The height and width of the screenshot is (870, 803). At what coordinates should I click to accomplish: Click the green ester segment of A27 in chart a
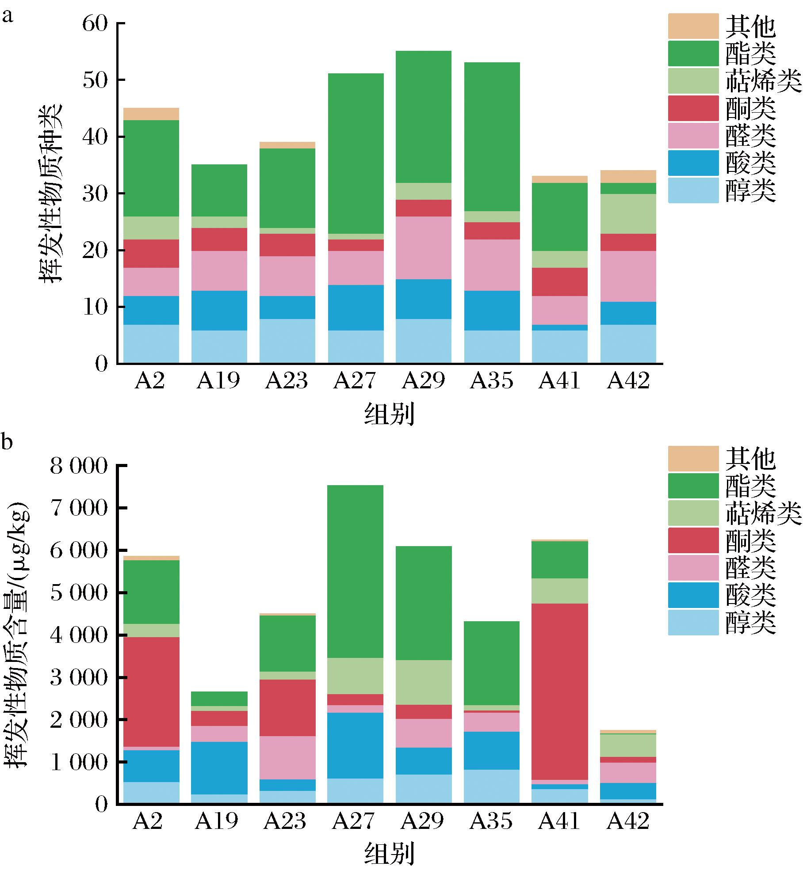coord(356,153)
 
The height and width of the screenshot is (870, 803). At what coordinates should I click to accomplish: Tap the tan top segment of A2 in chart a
coord(151,114)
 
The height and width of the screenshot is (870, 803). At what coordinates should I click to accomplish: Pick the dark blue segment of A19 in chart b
coord(219,768)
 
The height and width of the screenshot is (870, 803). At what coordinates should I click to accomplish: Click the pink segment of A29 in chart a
coord(424,247)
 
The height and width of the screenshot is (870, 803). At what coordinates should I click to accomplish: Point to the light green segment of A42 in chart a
coord(628,214)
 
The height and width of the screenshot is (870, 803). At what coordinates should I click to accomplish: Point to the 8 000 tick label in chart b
coord(79,466)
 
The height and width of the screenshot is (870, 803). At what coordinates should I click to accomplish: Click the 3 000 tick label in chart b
coord(79,678)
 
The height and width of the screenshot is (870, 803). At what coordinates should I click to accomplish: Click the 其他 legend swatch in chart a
coord(693,26)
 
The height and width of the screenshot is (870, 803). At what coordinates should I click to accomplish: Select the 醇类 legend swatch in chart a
coord(693,190)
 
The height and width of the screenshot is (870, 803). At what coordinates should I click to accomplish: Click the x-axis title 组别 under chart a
coord(389,414)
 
